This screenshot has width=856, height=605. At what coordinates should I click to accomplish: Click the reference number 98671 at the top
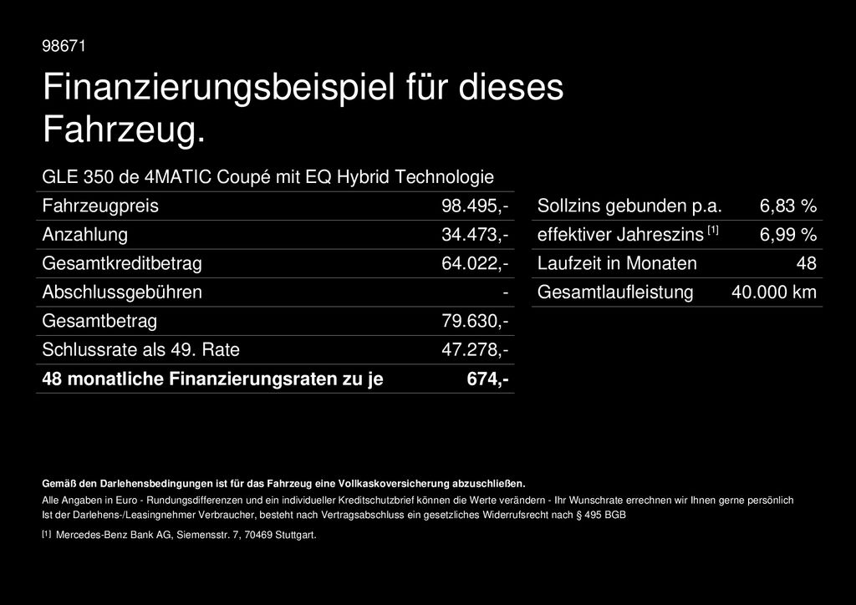[x=64, y=46]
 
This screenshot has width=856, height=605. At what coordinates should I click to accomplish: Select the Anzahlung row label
[x=85, y=235]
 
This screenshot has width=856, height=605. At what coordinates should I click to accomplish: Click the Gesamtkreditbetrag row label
[x=122, y=263]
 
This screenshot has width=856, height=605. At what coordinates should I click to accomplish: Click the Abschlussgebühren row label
[x=122, y=292]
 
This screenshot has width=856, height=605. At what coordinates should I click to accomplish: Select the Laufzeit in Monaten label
[x=617, y=263]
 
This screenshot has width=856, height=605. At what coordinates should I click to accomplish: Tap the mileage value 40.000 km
[x=774, y=292]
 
